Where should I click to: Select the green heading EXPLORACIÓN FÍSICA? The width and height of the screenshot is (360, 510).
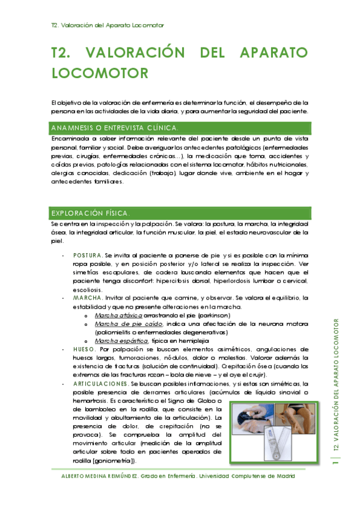(x=88, y=214)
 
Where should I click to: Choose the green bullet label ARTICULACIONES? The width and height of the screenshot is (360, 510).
(x=100, y=383)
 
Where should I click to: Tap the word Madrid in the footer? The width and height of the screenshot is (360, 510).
(x=281, y=476)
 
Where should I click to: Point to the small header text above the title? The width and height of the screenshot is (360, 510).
(x=108, y=25)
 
